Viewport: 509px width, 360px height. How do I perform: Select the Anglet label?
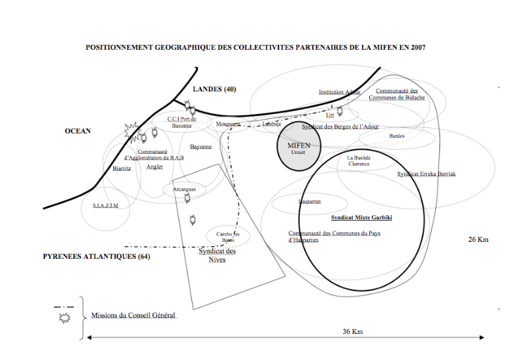coord(155,167)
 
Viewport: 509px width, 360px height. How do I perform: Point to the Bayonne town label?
coord(200,147)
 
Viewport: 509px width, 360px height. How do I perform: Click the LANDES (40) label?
coord(214,89)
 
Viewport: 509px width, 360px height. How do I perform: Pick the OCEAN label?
coord(78,131)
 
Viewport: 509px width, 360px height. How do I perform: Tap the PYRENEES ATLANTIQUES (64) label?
coord(97,257)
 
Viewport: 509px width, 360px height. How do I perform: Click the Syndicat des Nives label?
coord(217,255)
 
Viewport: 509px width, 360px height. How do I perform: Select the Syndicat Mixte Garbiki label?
coord(361,218)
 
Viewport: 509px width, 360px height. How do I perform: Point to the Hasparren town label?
coord(310,202)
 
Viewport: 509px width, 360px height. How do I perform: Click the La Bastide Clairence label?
coord(359,161)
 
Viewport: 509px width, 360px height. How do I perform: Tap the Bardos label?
coord(397,136)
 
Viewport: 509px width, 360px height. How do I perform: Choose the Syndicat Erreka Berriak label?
coord(427,174)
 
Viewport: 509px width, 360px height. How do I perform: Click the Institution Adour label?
coord(340,92)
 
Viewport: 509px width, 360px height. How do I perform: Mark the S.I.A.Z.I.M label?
coord(105,205)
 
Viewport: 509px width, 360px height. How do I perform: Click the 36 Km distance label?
coord(352,331)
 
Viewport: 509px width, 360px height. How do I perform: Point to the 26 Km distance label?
coord(478,240)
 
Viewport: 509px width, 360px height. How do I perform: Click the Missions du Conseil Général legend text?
coord(134,316)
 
